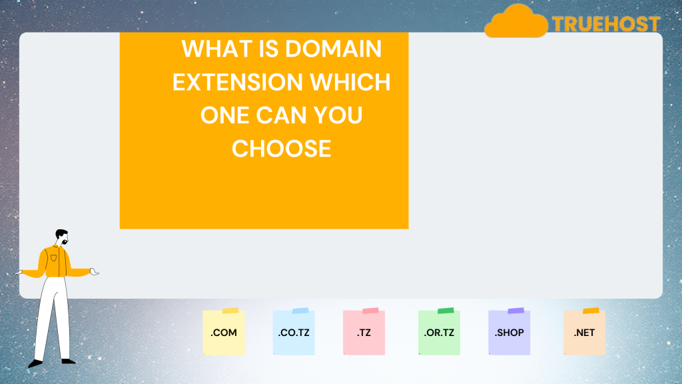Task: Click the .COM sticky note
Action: pos(224,333)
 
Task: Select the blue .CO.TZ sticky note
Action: pos(294,333)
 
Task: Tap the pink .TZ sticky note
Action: pos(364,333)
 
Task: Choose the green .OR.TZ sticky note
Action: pos(439,333)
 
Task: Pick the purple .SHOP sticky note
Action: pos(509,333)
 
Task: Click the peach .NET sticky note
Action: pos(584,333)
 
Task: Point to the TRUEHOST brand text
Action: pos(605,25)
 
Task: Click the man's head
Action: pos(61,237)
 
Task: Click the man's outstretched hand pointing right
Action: pos(95,271)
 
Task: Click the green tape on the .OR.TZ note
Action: pos(446,311)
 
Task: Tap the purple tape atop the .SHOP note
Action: pos(515,311)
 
